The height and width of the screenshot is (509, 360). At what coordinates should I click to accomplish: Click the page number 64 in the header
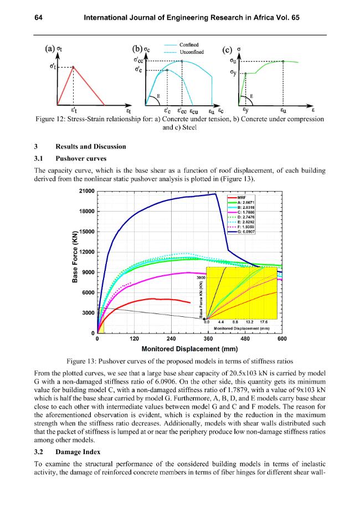point(38,18)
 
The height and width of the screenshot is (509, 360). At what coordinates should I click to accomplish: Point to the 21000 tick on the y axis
point(86,191)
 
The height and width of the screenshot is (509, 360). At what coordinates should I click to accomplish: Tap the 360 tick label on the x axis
point(208,339)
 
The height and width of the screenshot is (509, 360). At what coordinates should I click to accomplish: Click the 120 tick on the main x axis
point(134,339)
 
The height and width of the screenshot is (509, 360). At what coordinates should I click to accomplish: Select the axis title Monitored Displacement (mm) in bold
point(189,349)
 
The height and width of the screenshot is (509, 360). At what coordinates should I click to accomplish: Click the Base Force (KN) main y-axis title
point(75,256)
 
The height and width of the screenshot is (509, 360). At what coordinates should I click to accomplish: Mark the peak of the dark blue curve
point(215,194)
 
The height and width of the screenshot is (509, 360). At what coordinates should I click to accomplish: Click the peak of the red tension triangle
point(73,67)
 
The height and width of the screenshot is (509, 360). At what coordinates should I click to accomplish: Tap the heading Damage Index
point(78,452)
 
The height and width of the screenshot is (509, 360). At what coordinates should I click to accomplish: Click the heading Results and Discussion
point(91,146)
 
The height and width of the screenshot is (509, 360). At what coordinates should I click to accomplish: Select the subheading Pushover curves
point(81,158)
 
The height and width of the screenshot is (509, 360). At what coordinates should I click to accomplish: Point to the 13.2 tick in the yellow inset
point(250,322)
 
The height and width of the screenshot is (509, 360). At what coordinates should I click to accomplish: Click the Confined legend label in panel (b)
point(189,45)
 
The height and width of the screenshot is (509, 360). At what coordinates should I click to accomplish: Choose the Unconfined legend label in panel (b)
point(192,52)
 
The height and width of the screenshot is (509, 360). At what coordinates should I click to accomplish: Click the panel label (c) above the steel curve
point(227,50)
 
